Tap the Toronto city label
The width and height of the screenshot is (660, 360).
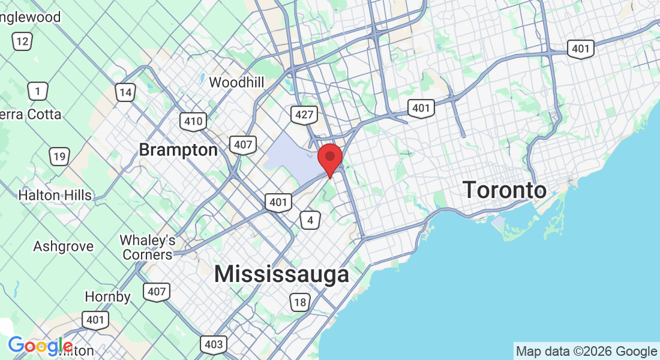pos(505,191)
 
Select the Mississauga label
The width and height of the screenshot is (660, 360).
pos(281,274)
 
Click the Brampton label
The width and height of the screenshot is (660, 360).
pos(178,149)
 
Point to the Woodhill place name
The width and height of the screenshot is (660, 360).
pos(236,82)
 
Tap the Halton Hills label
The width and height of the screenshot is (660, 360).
pos(55,195)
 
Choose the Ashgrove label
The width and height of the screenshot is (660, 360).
pos(63,247)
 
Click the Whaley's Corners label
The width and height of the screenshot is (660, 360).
pos(147,247)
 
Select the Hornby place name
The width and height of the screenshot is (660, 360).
pos(107,296)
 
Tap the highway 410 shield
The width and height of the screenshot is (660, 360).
pos(193,121)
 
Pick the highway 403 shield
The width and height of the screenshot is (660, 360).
pos(214,344)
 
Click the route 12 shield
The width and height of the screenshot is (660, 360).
pos(23,41)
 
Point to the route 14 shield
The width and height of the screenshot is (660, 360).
pos(125,92)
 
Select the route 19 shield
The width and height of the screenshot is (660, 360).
pos(59,157)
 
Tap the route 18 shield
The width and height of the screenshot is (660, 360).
pos(299,302)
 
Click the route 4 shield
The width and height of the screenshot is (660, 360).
pos(310,220)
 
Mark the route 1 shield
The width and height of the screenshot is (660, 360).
pos(38,91)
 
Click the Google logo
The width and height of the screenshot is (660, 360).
pos(40,346)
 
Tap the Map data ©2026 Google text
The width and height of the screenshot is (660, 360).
pos(586,351)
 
